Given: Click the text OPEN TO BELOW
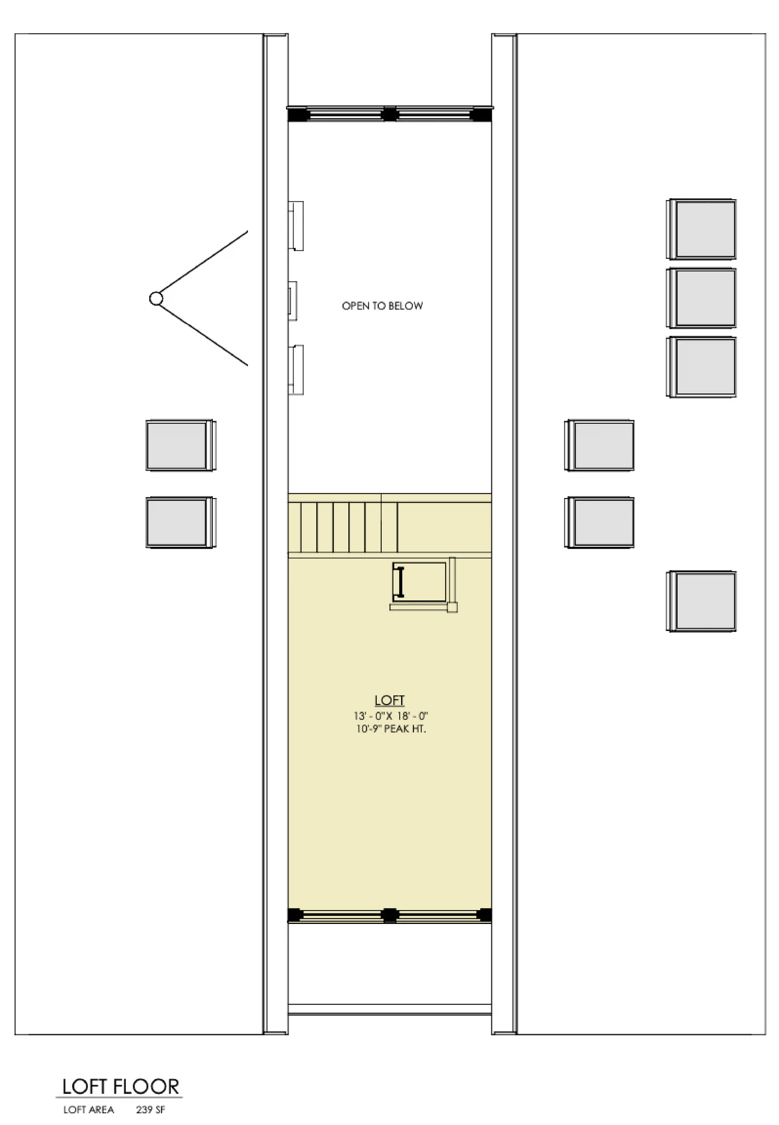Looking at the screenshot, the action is [x=382, y=306].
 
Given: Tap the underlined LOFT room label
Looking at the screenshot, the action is [x=389, y=700].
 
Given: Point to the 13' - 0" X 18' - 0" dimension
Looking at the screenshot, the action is [x=391, y=716].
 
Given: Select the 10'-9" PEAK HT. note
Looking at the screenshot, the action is [x=391, y=729].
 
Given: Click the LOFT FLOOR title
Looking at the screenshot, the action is [x=121, y=1087].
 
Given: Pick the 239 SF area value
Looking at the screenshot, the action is [x=150, y=1110].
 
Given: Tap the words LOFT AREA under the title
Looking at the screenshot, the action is [x=88, y=1110].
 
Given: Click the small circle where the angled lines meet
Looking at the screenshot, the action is [x=156, y=298].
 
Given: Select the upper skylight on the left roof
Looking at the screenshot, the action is [x=181, y=445].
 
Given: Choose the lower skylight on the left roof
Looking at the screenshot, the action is [x=181, y=523].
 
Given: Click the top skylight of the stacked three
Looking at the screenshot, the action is [x=701, y=229].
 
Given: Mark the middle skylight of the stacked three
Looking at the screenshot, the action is [x=701, y=298].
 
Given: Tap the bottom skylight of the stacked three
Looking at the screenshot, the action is [x=701, y=367].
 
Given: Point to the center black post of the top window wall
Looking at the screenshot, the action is [x=389, y=114].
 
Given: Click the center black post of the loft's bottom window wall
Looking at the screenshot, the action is [x=389, y=915].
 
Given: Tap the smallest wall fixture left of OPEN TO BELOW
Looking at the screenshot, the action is [x=293, y=301].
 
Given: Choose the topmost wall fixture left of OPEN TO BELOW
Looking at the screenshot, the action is [x=296, y=226].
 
